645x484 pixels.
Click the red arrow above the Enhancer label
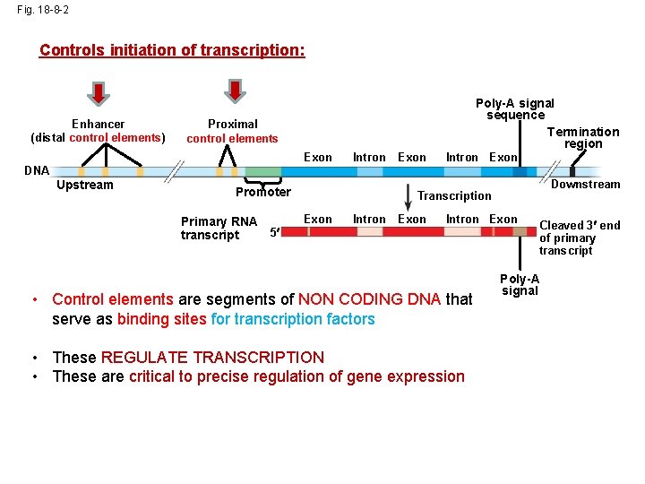[99, 92]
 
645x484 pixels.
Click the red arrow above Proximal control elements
[233, 91]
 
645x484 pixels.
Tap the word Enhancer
[99, 124]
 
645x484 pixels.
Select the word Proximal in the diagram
[233, 124]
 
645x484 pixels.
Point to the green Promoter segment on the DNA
[262, 171]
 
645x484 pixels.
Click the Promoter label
[262, 192]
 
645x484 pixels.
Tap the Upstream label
[85, 185]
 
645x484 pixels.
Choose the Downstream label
[585, 185]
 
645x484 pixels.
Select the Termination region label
[583, 137]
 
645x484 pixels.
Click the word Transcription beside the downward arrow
[454, 195]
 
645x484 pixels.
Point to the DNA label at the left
[37, 170]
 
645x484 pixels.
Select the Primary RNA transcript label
[219, 228]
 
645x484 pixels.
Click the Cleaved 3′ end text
[579, 225]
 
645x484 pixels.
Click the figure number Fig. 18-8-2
[42, 10]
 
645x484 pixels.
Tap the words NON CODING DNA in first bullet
[369, 299]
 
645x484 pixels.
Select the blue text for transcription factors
[293, 319]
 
